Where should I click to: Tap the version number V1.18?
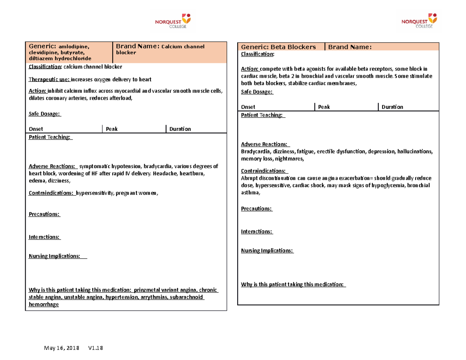[96, 348]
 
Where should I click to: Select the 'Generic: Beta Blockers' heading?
[278, 47]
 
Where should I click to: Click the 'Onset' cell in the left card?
[36, 129]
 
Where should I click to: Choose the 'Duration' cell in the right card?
[392, 107]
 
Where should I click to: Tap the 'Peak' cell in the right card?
[323, 107]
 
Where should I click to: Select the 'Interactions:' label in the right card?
[257, 231]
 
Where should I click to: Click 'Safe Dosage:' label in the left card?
[44, 114]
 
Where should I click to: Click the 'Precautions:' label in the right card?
[257, 209]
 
